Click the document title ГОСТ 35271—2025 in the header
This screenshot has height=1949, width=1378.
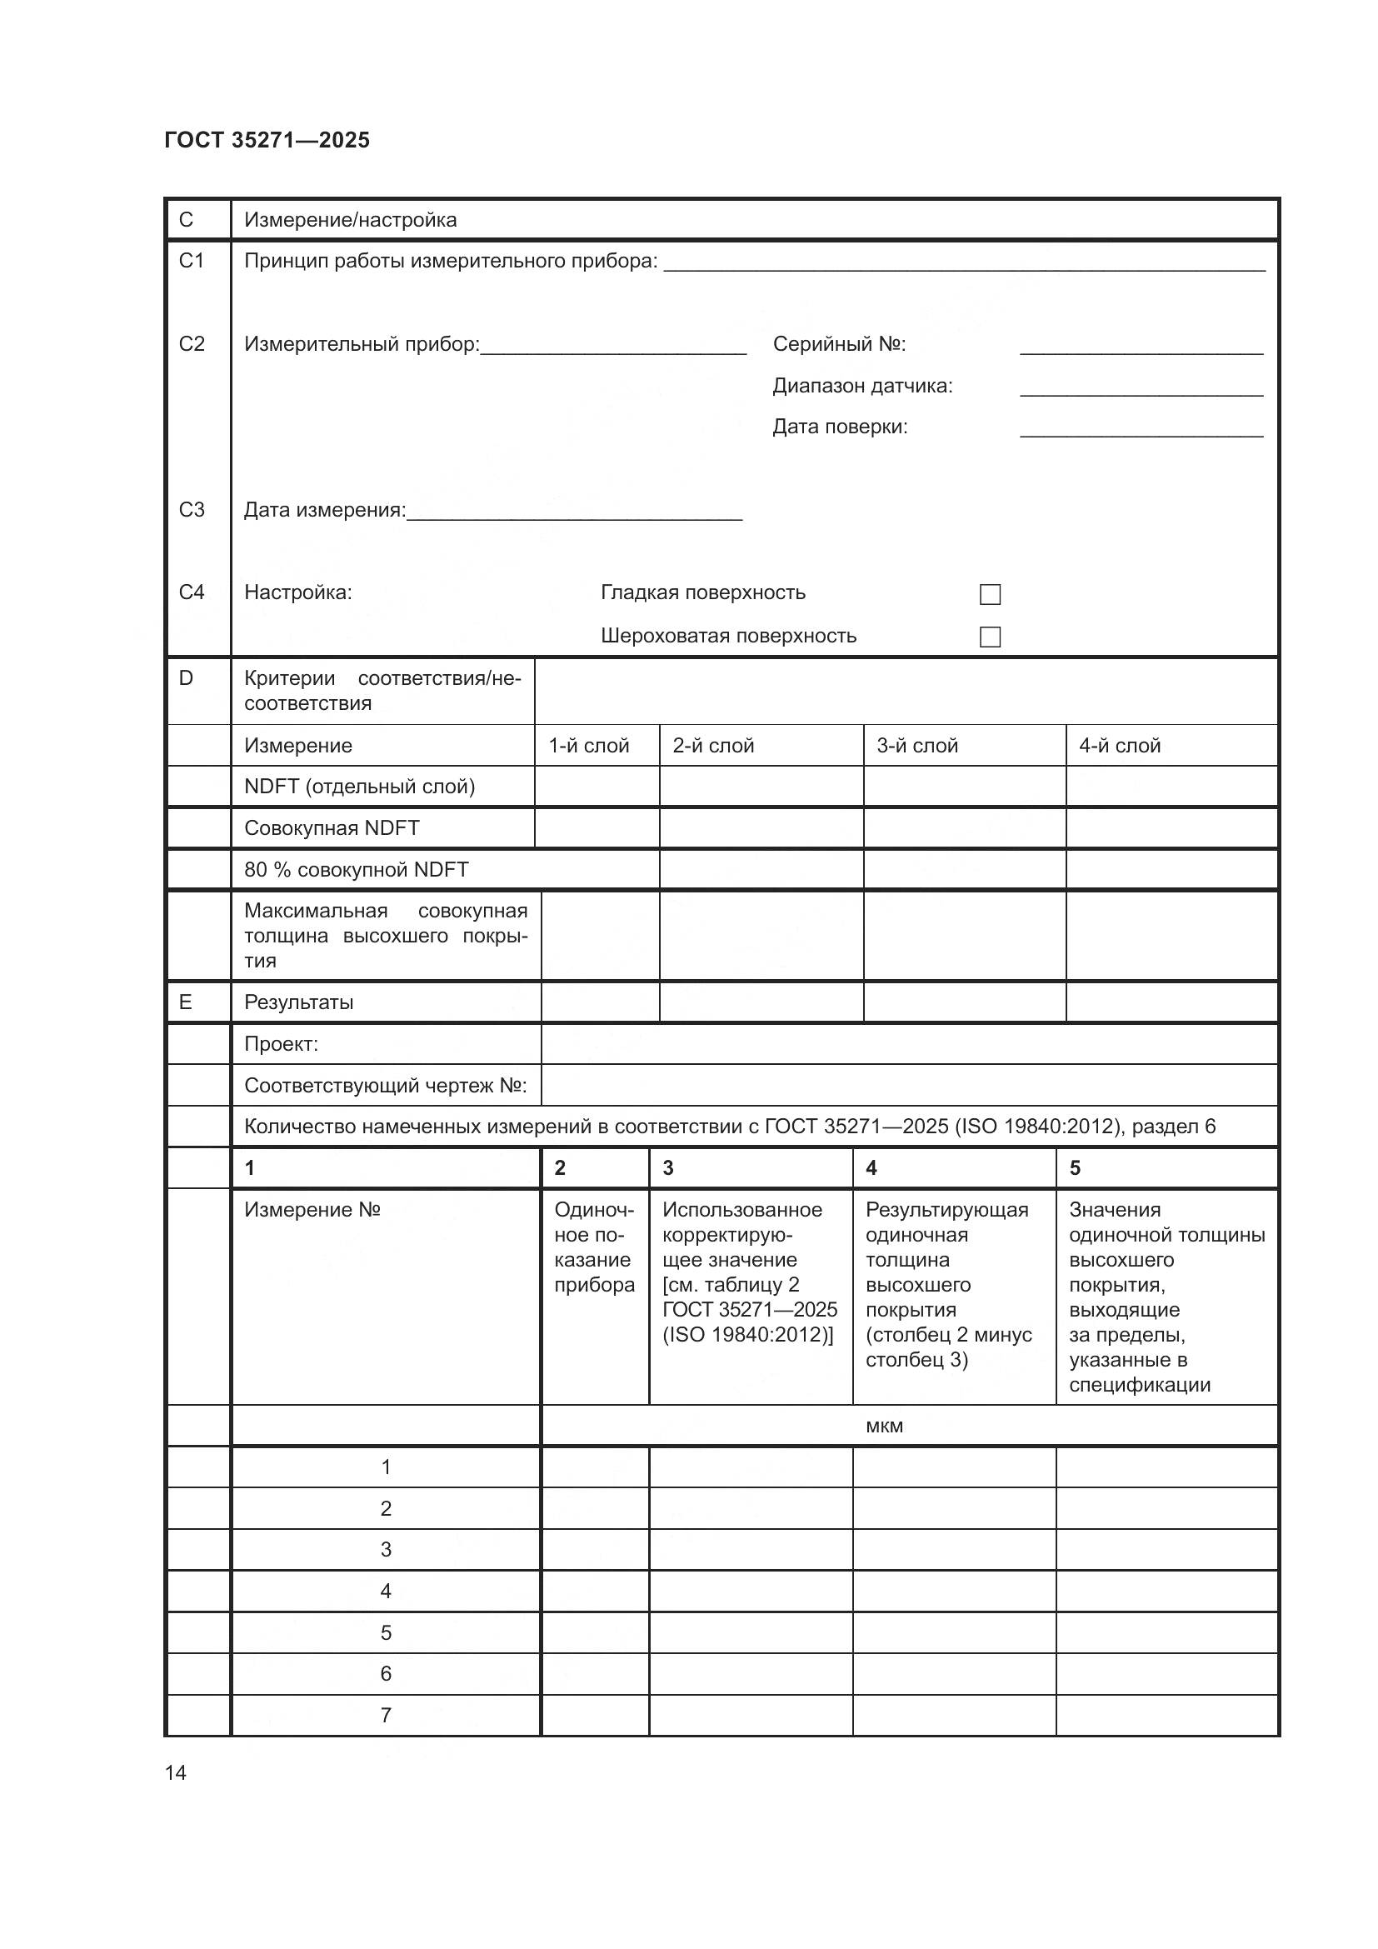coord(267,140)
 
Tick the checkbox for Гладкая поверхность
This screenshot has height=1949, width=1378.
coord(990,594)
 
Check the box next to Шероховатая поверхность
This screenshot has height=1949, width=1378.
coord(990,637)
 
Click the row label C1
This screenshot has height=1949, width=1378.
coord(192,261)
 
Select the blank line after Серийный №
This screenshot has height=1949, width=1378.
coord(1141,347)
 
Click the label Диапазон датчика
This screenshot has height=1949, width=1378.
coord(862,387)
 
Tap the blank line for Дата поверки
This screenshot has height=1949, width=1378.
coord(1141,428)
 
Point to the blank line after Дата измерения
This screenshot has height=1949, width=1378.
coord(575,512)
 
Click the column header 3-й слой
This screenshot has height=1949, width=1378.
coord(917,746)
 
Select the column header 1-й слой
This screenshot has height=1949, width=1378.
coord(589,746)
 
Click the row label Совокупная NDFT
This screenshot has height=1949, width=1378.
coord(332,828)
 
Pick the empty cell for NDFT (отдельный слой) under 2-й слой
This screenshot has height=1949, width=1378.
coord(761,787)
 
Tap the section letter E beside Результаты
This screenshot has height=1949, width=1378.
coord(186,1002)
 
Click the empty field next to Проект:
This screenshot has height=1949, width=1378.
coord(909,1044)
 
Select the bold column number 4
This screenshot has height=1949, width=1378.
coord(871,1168)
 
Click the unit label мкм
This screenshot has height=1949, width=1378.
coord(884,1426)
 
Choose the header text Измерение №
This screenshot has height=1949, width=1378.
coord(312,1210)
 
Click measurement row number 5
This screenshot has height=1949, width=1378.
coord(386,1632)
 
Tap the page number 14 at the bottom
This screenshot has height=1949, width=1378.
coord(176,1773)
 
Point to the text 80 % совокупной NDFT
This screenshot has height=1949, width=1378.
coord(357,870)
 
